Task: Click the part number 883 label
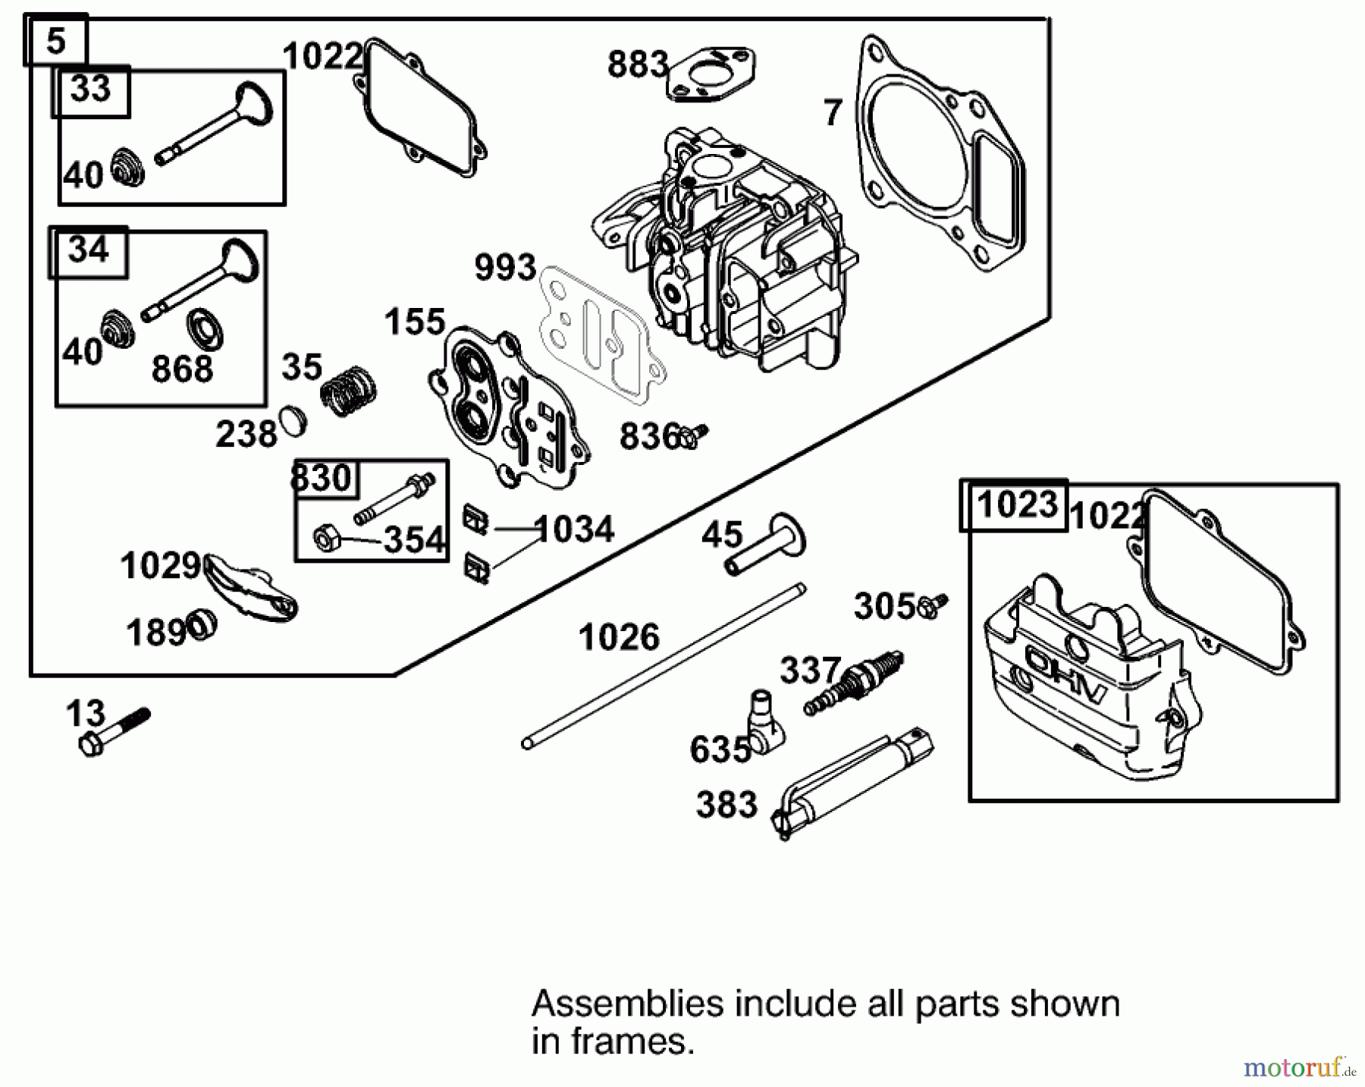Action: pos(637,64)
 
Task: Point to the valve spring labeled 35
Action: pos(348,390)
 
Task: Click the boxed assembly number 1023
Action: pos(1016,504)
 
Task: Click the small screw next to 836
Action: pos(693,435)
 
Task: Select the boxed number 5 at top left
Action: pos(56,41)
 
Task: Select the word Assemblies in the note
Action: pos(626,1004)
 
